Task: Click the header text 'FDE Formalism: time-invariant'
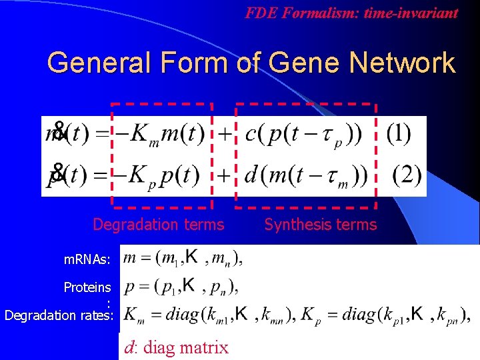click(351, 13)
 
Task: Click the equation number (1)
click(398, 134)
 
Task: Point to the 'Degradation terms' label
click(159, 225)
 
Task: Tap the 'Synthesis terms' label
click(320, 225)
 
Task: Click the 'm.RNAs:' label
click(83, 257)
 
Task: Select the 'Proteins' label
click(87, 287)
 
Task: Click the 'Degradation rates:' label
click(59, 315)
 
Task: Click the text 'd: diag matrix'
click(176, 347)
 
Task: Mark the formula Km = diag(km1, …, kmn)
click(210, 315)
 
